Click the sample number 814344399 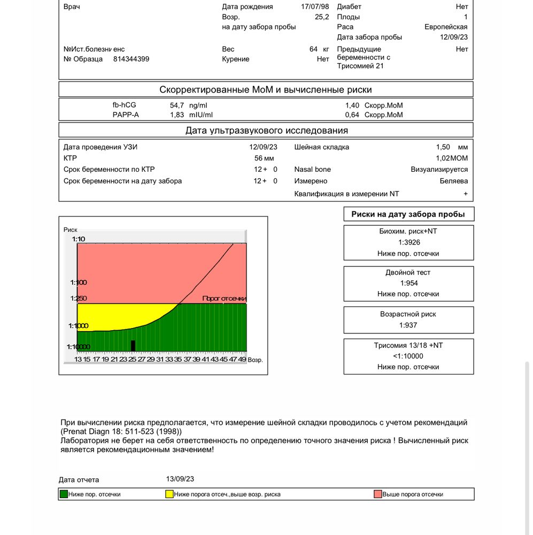pos(131,59)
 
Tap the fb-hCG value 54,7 pos(176,105)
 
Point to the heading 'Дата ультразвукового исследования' pos(266,131)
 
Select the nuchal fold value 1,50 pos(443,147)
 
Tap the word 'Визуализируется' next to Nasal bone pos(439,170)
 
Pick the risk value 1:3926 pos(408,242)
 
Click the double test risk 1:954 pos(408,283)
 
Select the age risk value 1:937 pos(408,325)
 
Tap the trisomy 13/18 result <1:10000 pos(408,356)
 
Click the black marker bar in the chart pos(133,346)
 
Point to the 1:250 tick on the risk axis pos(79,299)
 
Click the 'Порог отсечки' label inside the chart pos(224,299)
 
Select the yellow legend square pos(169,494)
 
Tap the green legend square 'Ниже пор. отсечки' pos(64,494)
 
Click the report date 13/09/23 pos(180,479)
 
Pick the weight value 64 pos(314,49)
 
